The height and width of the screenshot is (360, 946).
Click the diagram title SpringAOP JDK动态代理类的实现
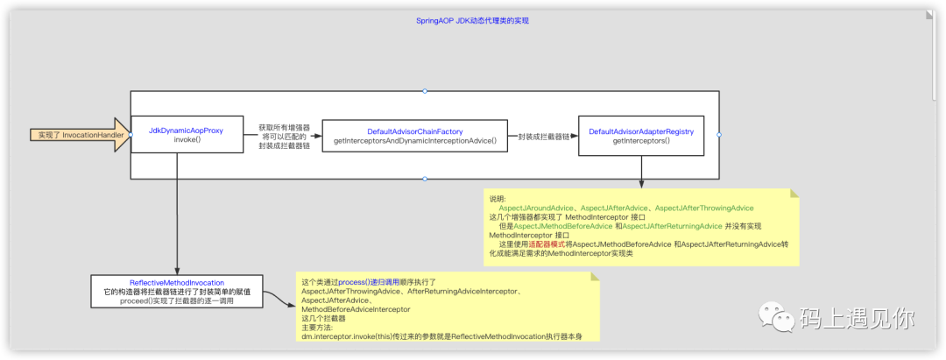click(472, 19)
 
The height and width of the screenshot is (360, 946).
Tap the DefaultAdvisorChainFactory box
click(415, 135)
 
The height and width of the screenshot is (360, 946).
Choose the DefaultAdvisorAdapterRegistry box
click(641, 135)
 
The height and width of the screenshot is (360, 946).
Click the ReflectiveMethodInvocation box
click(177, 291)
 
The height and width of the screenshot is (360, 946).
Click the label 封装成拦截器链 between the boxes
click(544, 137)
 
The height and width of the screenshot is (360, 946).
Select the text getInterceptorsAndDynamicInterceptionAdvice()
click(415, 140)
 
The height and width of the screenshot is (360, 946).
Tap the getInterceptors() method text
click(641, 140)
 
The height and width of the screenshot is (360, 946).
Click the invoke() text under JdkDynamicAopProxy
click(187, 140)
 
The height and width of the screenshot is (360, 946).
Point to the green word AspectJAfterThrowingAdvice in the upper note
click(704, 208)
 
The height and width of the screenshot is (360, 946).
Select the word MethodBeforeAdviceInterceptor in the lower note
click(356, 309)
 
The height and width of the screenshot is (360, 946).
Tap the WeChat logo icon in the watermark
click(773, 314)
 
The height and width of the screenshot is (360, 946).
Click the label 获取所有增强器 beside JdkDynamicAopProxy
click(284, 128)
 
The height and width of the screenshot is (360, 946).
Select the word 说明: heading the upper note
click(498, 199)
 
